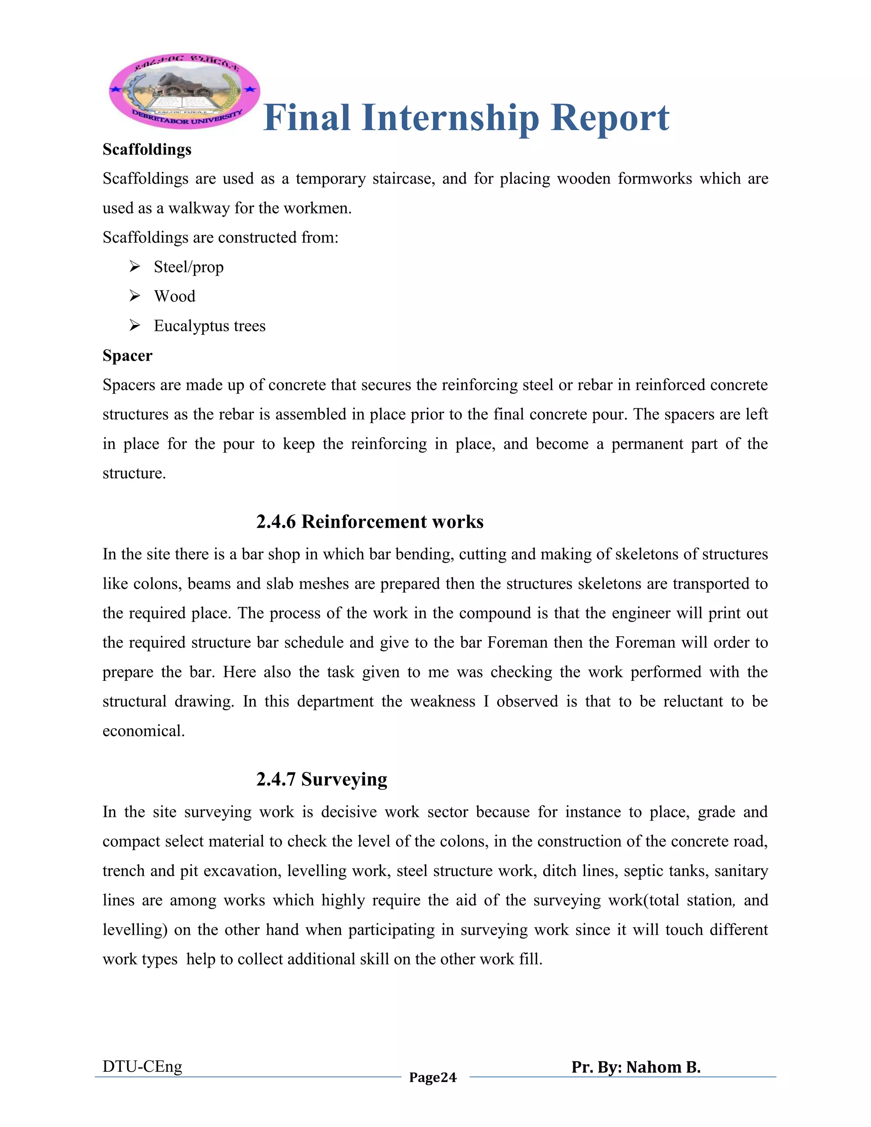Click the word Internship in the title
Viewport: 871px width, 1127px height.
tap(450, 118)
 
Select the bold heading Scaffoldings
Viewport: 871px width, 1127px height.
tap(147, 150)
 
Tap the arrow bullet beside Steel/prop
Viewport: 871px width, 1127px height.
tap(135, 267)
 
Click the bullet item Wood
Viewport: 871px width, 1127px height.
tap(174, 297)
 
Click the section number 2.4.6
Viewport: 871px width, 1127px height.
tap(276, 522)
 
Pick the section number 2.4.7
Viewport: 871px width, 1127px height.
tap(276, 779)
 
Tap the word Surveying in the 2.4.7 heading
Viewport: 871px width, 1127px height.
tap(344, 779)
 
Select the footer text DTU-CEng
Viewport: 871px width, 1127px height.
tap(142, 1066)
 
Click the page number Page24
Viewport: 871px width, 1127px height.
tap(433, 1077)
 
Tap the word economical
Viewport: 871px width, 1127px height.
tap(143, 731)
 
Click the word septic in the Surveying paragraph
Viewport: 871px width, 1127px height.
tap(644, 871)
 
